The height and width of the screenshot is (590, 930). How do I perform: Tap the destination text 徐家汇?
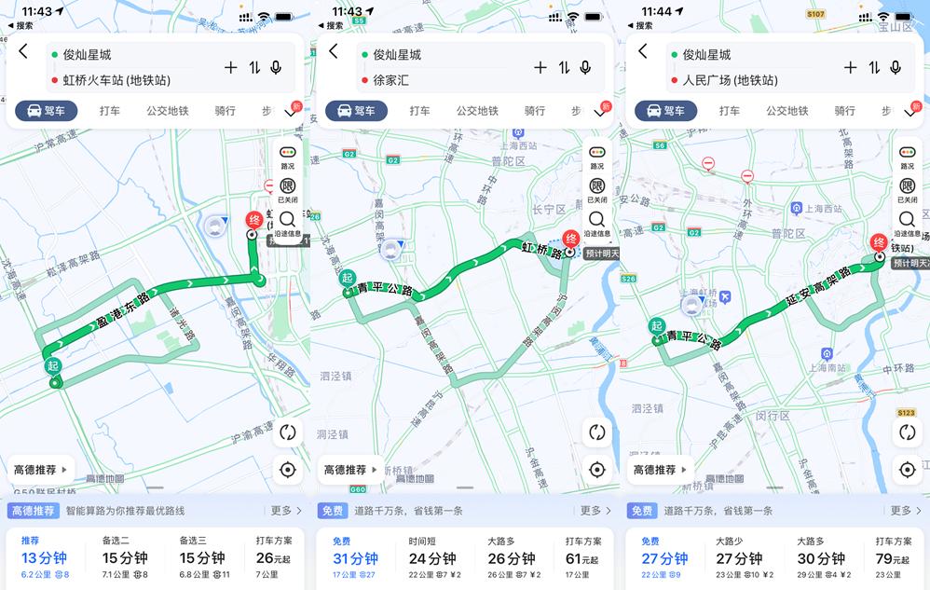click(x=390, y=80)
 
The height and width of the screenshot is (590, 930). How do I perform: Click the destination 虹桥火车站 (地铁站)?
click(x=116, y=80)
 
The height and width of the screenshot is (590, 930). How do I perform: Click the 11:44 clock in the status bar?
click(x=657, y=11)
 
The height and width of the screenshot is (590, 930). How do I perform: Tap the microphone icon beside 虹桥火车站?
click(x=276, y=67)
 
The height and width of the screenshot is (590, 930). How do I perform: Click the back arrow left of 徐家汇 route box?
click(x=333, y=52)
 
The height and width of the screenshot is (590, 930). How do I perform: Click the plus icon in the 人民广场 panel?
click(x=850, y=67)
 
